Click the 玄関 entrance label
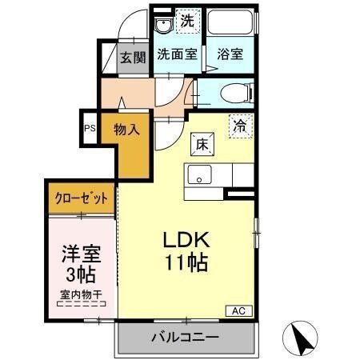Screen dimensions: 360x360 click(134, 57)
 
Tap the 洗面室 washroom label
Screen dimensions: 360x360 click(177, 55)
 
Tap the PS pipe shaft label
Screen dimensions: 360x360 click(89, 128)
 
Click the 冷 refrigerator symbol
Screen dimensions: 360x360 click(239, 125)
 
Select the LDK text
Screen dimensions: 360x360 click(187, 241)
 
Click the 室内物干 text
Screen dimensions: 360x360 click(81, 294)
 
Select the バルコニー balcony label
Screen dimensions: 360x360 click(185, 338)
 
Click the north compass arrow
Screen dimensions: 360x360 click(303, 340)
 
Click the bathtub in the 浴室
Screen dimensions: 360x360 click(230, 24)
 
